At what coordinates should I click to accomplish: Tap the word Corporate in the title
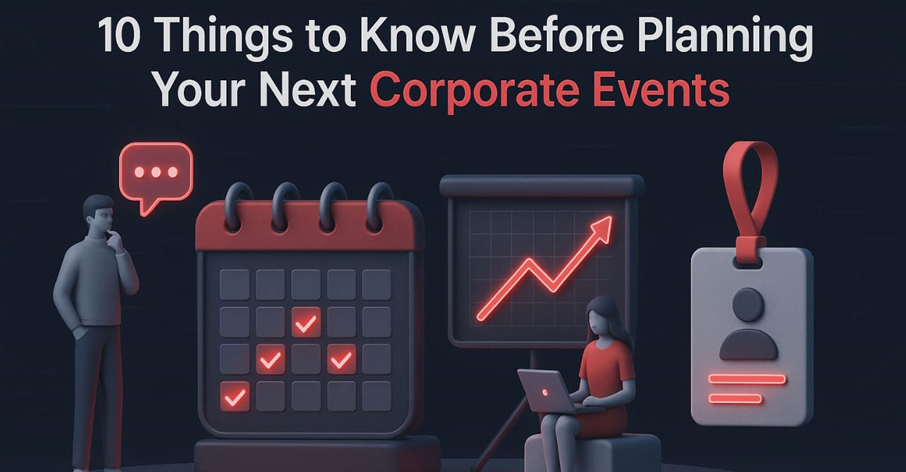pos(475,92)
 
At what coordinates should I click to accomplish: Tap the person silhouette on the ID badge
pos(748,323)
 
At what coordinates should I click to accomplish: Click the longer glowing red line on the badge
pos(747,379)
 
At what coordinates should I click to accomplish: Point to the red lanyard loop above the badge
pos(750,194)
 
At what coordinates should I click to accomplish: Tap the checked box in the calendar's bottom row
pos(235,396)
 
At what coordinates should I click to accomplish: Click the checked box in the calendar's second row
pos(306,322)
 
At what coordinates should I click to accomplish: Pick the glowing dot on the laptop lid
pos(545,392)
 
